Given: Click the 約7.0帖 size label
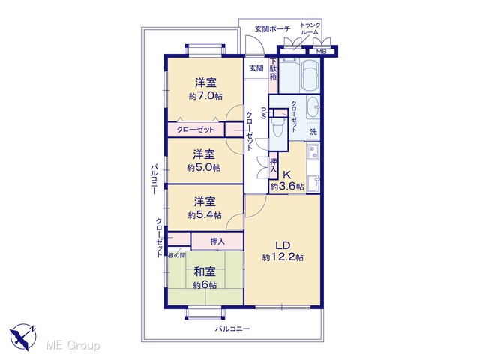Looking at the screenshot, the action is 205,96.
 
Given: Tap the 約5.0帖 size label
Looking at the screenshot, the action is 204,168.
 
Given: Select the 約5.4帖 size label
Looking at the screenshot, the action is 205,215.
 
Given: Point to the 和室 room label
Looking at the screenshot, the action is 205,271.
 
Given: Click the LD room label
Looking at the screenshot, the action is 283,245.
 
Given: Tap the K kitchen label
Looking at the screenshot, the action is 286,175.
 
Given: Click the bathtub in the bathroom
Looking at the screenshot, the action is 310,75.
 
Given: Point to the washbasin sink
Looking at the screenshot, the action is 313,107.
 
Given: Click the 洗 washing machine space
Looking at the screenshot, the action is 313,132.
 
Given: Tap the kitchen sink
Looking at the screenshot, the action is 313,151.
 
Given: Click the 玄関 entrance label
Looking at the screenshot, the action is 256,68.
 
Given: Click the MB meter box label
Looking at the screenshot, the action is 321,52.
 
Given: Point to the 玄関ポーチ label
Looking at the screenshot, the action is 272,29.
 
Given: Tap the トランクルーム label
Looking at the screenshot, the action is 310,28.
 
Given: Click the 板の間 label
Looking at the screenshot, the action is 177,255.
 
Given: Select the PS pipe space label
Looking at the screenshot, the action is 263,113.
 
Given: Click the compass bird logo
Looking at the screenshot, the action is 22,336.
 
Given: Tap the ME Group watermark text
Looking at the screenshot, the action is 73,346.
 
